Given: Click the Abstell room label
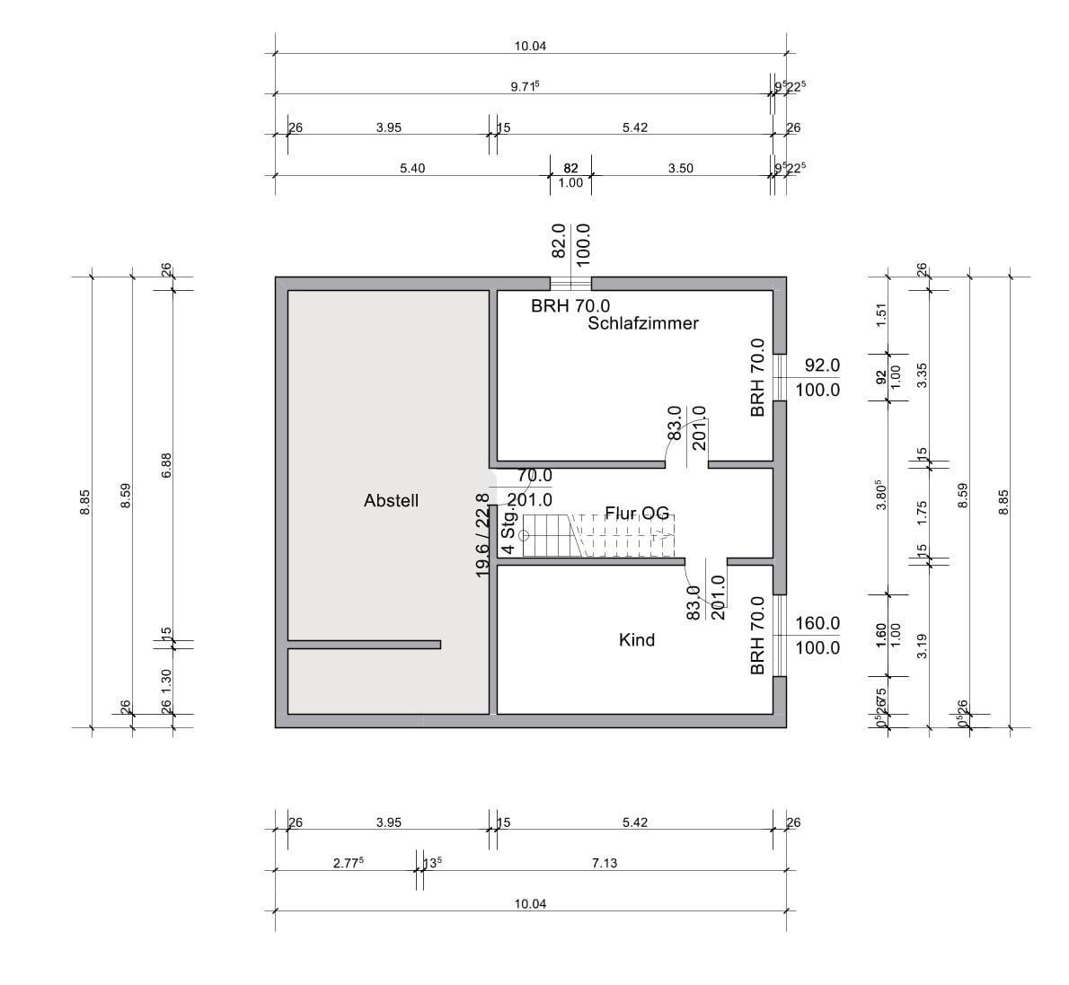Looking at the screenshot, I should (391, 501).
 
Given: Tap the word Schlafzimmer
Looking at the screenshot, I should (643, 323).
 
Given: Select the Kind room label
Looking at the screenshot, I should (637, 640).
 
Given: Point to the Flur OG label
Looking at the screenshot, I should (637, 514).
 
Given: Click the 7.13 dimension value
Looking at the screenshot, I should (605, 863).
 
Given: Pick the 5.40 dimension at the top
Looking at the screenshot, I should (412, 168).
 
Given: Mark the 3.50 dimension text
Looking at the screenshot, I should (681, 168).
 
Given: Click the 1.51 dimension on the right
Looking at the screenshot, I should (881, 316).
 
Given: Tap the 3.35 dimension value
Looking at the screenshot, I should (921, 374).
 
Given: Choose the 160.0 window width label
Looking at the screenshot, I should (817, 623).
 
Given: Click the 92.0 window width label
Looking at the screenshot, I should (822, 365).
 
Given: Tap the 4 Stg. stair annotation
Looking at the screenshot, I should (508, 532).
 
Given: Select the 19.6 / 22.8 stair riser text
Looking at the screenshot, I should (482, 534).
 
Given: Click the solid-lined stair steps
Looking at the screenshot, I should (547, 536).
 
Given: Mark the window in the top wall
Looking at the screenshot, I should (570, 284).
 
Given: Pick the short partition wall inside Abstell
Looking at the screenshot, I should (364, 644).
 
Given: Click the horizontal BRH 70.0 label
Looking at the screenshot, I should (570, 305).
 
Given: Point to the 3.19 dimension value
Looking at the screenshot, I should (921, 645).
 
